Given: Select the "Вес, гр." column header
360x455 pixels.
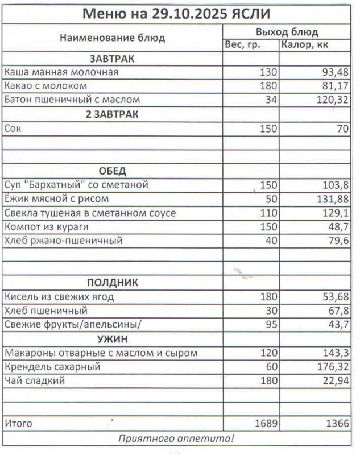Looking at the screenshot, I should click(x=243, y=45).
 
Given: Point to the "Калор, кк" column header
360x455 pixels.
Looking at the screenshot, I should click(x=305, y=45).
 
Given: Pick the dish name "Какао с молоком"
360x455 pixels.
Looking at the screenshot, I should click(x=45, y=86).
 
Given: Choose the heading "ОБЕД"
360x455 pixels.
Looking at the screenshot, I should click(x=112, y=171).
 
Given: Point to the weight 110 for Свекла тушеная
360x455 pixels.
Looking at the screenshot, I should click(x=267, y=213).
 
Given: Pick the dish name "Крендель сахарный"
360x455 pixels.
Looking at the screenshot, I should click(x=52, y=367).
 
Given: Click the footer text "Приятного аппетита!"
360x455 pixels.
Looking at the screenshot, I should click(x=176, y=439).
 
